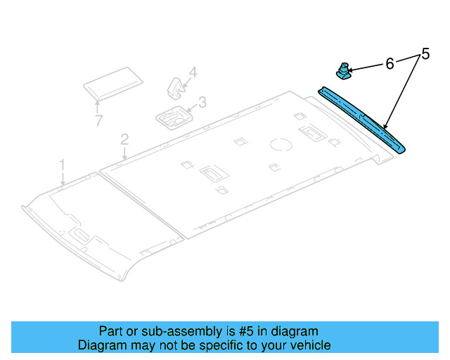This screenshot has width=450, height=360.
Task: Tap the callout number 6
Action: tap(390, 64)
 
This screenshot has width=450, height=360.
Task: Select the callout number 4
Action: tap(193, 72)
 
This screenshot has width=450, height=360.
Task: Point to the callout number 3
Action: tap(202, 103)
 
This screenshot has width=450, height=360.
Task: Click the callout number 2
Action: tap(124, 139)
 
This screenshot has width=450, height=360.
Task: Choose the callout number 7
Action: tap(98, 121)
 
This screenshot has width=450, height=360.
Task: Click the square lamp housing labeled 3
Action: tap(171, 117)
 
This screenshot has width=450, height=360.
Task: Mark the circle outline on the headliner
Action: tap(283, 145)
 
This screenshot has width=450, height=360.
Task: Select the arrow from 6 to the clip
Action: tap(366, 67)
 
